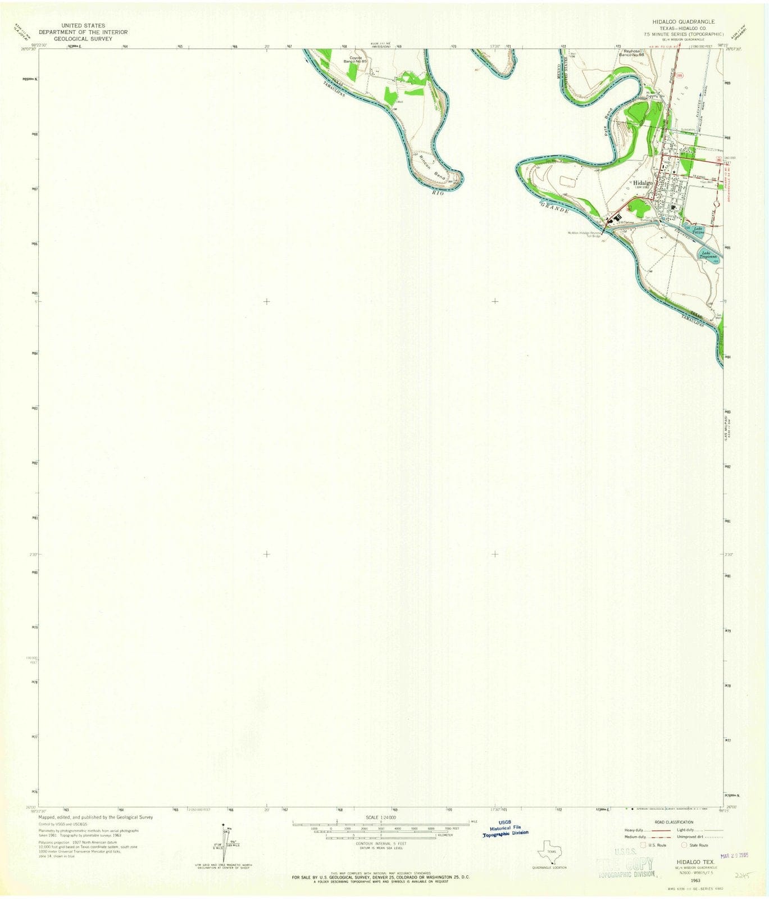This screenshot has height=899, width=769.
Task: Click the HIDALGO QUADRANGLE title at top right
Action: [x=688, y=21]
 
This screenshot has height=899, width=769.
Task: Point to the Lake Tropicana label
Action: [x=707, y=254]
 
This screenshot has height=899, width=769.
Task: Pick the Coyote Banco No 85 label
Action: [x=357, y=59]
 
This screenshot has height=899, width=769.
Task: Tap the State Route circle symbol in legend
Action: [x=685, y=844]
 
